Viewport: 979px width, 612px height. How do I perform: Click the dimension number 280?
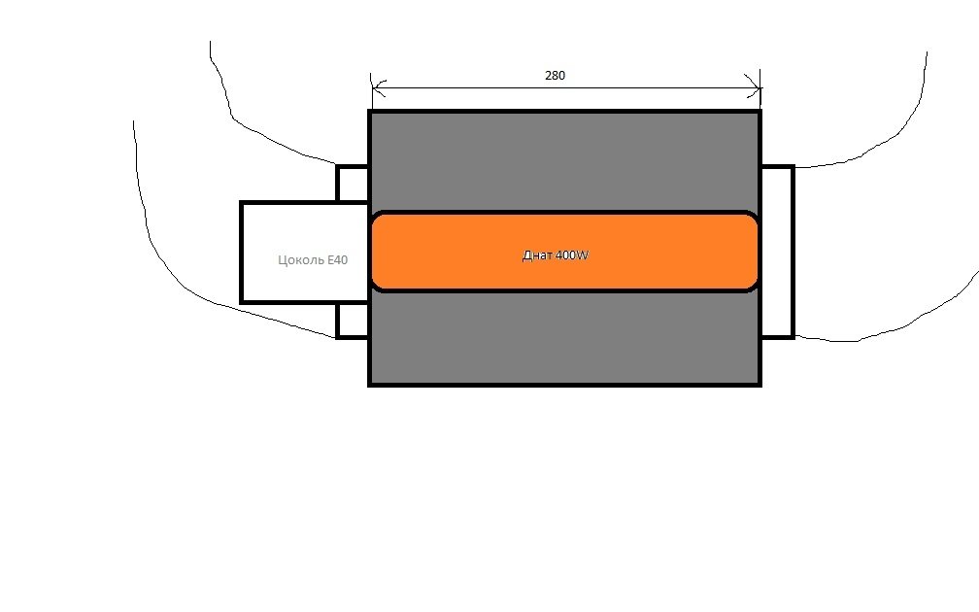(556, 76)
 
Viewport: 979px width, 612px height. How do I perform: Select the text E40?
(337, 259)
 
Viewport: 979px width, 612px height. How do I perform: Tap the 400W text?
(572, 255)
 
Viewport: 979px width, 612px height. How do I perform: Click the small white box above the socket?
(353, 184)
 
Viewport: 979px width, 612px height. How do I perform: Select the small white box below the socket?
(353, 321)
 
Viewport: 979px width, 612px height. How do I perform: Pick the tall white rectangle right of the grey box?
(777, 253)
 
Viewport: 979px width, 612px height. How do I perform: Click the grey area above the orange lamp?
(564, 162)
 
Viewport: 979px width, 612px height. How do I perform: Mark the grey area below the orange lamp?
(564, 337)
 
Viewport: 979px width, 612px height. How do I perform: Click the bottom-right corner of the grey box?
(760, 384)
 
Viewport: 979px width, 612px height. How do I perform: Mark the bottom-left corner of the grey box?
(370, 384)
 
